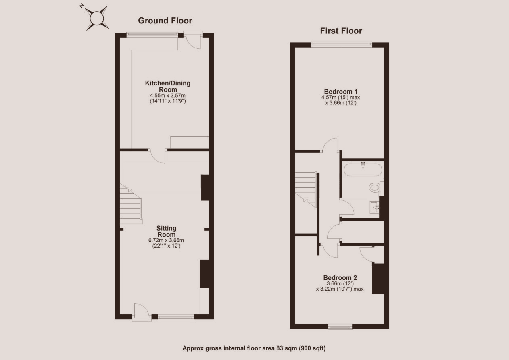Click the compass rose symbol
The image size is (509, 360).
point(96,19)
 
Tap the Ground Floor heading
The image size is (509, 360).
point(165,21)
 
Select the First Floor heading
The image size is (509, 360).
point(341,31)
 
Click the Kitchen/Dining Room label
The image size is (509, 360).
point(168,86)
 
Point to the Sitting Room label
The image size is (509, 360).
point(166,231)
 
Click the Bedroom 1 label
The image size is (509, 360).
point(341,92)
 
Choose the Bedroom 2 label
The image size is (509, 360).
point(340,277)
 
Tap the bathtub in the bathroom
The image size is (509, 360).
point(363,170)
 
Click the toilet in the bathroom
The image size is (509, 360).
point(376,187)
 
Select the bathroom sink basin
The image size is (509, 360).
point(374,207)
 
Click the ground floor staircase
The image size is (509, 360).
point(131,204)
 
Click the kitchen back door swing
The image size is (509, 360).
point(193,42)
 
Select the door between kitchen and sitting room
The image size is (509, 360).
point(158,156)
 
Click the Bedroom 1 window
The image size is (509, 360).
point(342,44)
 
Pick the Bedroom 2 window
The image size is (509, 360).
point(340,327)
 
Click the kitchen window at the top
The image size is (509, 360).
point(152,35)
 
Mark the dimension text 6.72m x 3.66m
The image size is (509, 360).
point(166,240)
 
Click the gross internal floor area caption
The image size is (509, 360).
point(254,348)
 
